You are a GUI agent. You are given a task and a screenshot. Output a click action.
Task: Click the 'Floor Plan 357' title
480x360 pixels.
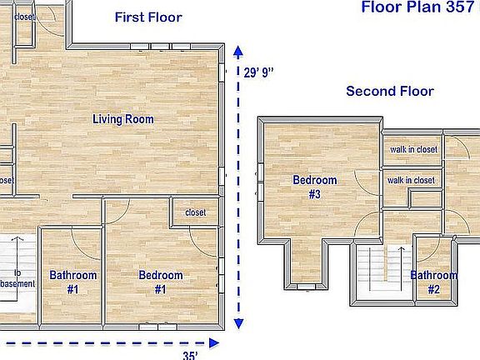[417, 7]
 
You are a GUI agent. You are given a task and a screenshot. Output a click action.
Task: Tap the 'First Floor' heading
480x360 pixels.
[147, 17]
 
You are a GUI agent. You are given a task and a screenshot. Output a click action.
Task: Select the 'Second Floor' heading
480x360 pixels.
[390, 92]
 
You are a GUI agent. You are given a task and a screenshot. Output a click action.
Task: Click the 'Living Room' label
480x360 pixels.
[122, 119]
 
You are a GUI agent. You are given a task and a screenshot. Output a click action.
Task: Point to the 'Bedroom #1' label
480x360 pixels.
[161, 282]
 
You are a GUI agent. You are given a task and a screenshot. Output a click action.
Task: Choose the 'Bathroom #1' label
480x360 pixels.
[73, 282]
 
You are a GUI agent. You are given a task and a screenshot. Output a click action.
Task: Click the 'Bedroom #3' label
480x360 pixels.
[314, 187]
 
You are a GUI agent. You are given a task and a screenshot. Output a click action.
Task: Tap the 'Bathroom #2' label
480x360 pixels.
[433, 282]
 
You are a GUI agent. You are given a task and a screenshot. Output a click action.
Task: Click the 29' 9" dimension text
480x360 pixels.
[258, 72]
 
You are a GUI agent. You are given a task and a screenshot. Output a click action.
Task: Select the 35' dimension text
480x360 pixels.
[190, 355]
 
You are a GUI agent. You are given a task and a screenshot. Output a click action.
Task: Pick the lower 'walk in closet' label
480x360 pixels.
[411, 180]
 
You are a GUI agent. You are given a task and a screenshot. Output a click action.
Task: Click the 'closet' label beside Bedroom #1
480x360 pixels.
[195, 212]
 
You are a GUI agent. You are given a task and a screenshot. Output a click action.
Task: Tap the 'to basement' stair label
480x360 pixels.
[18, 278]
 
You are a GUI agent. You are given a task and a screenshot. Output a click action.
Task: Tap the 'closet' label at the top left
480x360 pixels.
[24, 16]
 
